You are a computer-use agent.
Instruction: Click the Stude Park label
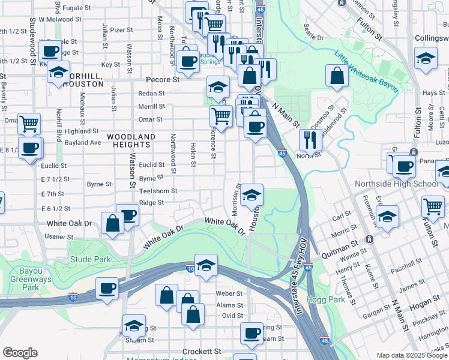click(90, 259)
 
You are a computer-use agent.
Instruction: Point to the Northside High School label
click(397, 184)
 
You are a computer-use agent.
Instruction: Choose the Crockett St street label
click(202, 351)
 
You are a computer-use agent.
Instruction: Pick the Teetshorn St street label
click(157, 191)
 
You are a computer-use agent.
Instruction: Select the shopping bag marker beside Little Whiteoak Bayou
click(337, 75)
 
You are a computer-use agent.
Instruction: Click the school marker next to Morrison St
click(252, 194)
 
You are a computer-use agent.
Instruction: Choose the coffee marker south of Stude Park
click(108, 289)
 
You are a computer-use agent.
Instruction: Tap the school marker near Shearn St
click(134, 326)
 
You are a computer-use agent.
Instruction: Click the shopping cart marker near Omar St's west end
click(29, 124)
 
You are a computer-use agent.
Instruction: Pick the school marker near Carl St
click(387, 216)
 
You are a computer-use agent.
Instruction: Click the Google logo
click(20, 353)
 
